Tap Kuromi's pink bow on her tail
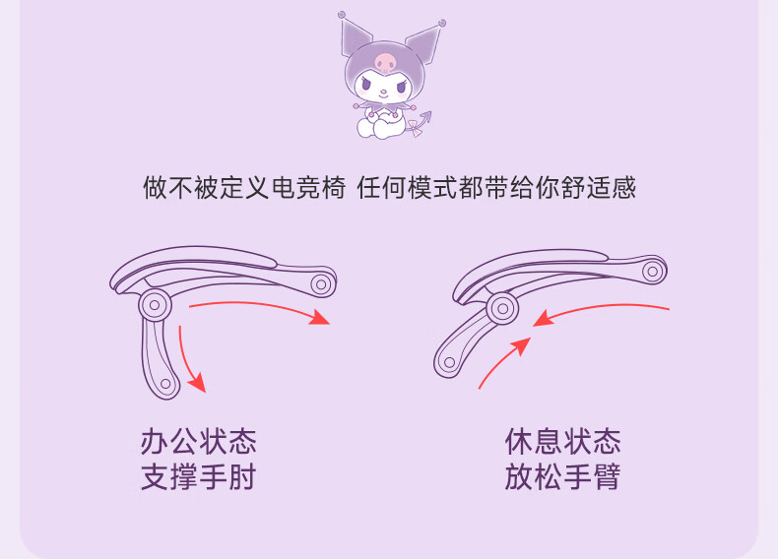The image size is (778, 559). (415, 129)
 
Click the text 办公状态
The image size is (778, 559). (199, 442)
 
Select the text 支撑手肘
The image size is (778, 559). (199, 476)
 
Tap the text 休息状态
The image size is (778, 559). (562, 442)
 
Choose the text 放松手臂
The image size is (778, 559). (562, 476)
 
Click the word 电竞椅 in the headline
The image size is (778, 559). (308, 188)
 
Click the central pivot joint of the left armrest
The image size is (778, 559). (155, 305)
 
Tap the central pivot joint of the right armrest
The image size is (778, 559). (502, 308)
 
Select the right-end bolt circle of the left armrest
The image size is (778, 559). (321, 284)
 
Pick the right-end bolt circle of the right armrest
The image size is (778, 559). (653, 272)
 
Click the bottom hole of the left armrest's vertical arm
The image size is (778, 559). (165, 384)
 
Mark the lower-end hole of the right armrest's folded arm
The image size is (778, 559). (449, 362)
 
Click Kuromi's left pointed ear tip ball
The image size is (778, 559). (342, 15)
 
